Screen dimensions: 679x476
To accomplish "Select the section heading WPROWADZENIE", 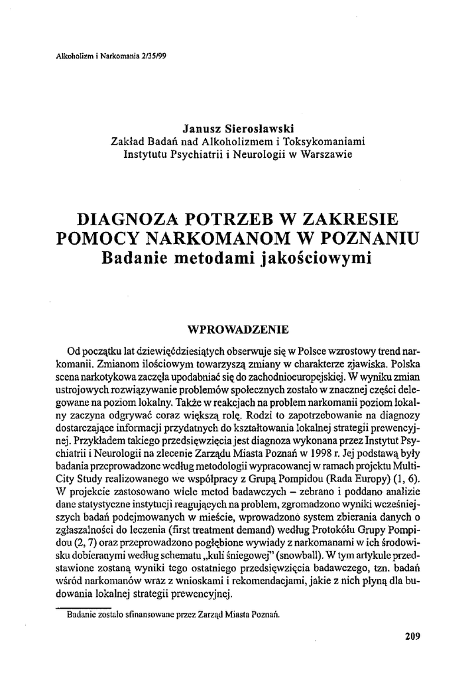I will pyautogui.click(x=238, y=328).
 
